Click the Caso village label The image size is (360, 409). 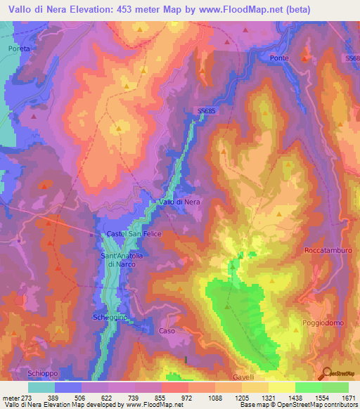(x=167, y=330)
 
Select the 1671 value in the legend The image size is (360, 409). (x=349, y=398)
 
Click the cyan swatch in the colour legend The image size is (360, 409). (x=41, y=387)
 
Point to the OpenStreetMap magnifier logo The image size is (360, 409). (x=326, y=372)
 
